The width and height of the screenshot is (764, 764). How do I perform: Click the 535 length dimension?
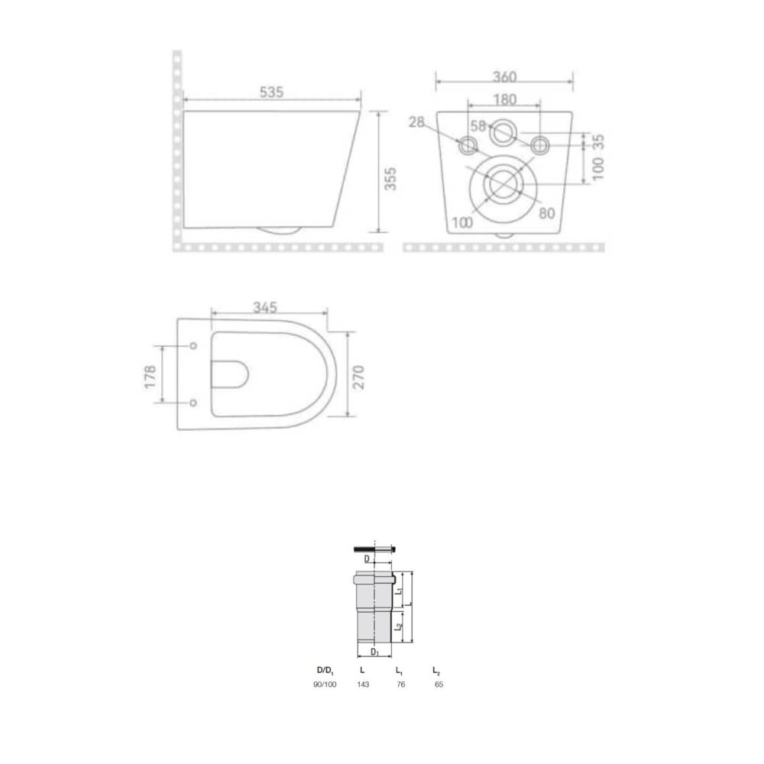(x=271, y=92)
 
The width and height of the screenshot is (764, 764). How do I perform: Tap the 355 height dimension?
(x=390, y=178)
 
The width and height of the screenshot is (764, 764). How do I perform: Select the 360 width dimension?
(x=504, y=77)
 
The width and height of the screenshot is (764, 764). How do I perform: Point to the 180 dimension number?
(x=504, y=99)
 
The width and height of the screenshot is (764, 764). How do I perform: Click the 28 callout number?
(x=416, y=121)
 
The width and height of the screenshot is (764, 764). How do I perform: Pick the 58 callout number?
(x=478, y=126)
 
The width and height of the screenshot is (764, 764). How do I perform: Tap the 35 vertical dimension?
(x=598, y=142)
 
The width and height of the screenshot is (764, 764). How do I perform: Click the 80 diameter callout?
(x=547, y=213)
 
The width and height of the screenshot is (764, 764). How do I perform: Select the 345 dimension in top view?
(x=265, y=307)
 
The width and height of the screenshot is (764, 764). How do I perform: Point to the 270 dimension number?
(x=358, y=377)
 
